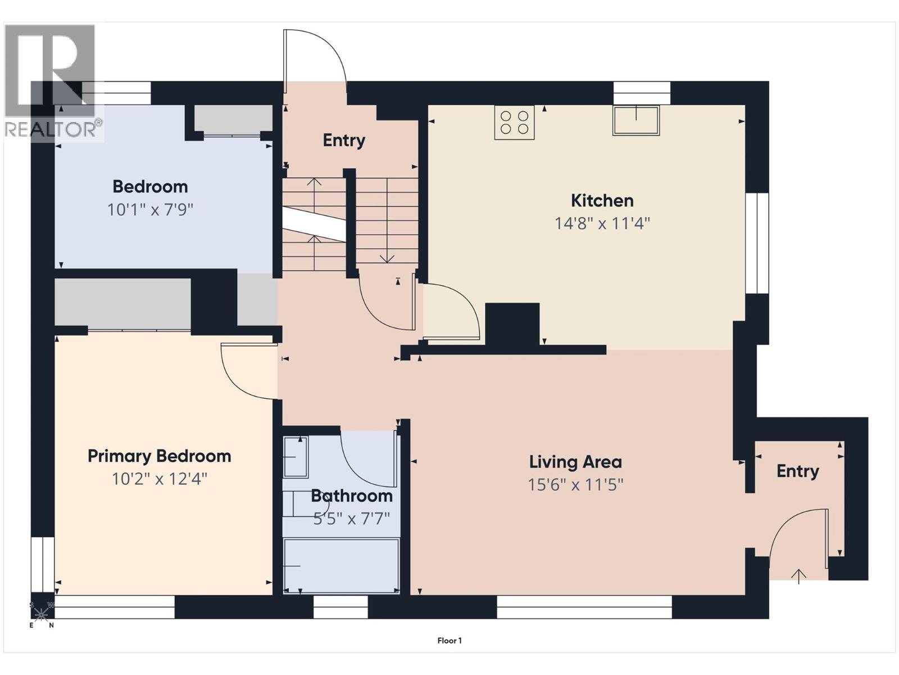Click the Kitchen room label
pos(602,201)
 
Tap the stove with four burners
pos(515,123)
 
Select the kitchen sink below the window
pos(635,120)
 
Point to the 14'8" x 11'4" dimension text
pos(602,224)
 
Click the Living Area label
pos(575,462)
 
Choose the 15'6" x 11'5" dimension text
pos(575,485)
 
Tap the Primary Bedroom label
pos(160,456)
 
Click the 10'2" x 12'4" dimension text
pos(160,479)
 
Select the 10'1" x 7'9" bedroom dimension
pos(150,210)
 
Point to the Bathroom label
pos(352,496)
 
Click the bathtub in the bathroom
pos(341,566)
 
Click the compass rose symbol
pos(41,614)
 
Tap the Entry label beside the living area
pos(798,472)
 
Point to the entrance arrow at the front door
pos(798,576)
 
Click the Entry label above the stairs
pos(344,141)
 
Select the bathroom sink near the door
pos(296,457)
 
